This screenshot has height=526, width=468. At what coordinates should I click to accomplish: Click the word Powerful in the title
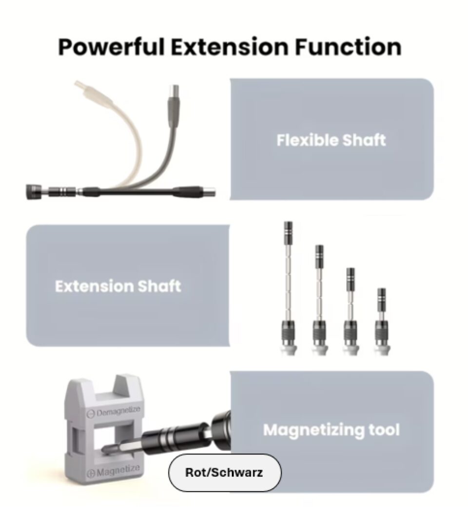[112, 47]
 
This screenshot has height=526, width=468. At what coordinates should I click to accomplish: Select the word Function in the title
[348, 47]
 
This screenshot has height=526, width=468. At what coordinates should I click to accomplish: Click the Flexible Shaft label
[331, 140]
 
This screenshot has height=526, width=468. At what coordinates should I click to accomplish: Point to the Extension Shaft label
[118, 286]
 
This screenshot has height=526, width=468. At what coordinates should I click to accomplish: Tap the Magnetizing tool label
[331, 430]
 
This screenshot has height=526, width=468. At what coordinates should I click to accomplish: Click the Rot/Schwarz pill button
[225, 472]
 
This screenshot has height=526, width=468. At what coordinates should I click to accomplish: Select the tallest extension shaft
[289, 288]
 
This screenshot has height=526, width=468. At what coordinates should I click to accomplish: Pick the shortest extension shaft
[381, 321]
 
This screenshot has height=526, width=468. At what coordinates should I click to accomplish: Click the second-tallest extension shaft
[319, 300]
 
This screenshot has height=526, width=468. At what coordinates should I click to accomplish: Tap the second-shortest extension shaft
[351, 311]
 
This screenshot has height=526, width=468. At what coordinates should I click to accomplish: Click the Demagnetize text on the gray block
[114, 411]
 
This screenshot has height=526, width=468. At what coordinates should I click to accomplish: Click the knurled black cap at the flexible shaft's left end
[32, 192]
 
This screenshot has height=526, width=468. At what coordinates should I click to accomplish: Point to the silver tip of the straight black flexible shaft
[210, 193]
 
